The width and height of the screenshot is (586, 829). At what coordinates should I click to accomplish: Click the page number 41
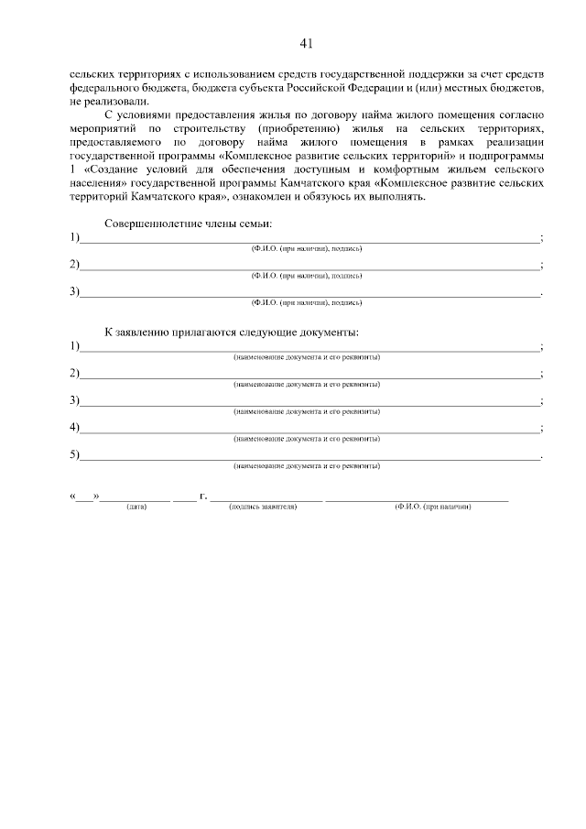coord(306,42)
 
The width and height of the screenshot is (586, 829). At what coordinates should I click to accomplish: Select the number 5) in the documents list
coord(75,454)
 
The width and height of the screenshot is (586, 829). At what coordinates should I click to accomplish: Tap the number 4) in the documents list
coord(75,428)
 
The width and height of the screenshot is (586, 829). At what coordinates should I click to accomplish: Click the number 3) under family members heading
coord(75,292)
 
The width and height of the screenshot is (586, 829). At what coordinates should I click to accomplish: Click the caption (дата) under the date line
coord(136,507)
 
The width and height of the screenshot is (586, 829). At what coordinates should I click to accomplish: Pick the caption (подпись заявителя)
coord(264,507)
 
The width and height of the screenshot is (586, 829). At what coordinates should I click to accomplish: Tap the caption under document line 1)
coord(307,357)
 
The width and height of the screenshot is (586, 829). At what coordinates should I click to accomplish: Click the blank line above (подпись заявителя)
coord(266,499)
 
